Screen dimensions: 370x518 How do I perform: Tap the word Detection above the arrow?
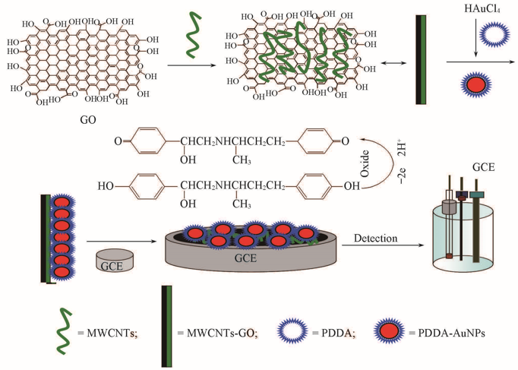pyautogui.click(x=375, y=239)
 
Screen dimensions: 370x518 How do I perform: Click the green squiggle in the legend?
pyautogui.click(x=63, y=332)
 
